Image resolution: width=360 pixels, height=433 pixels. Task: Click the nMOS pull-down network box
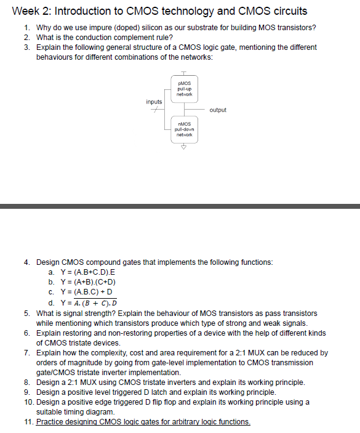click(x=185, y=129)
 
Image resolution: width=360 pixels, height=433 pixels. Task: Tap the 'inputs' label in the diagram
click(x=154, y=102)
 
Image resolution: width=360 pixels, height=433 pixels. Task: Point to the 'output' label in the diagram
click(x=218, y=110)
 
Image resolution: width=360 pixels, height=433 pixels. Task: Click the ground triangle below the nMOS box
click(x=183, y=148)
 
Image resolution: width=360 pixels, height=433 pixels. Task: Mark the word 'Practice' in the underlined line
click(x=50, y=422)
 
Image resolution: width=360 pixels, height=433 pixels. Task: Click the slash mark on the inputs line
click(x=154, y=109)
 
